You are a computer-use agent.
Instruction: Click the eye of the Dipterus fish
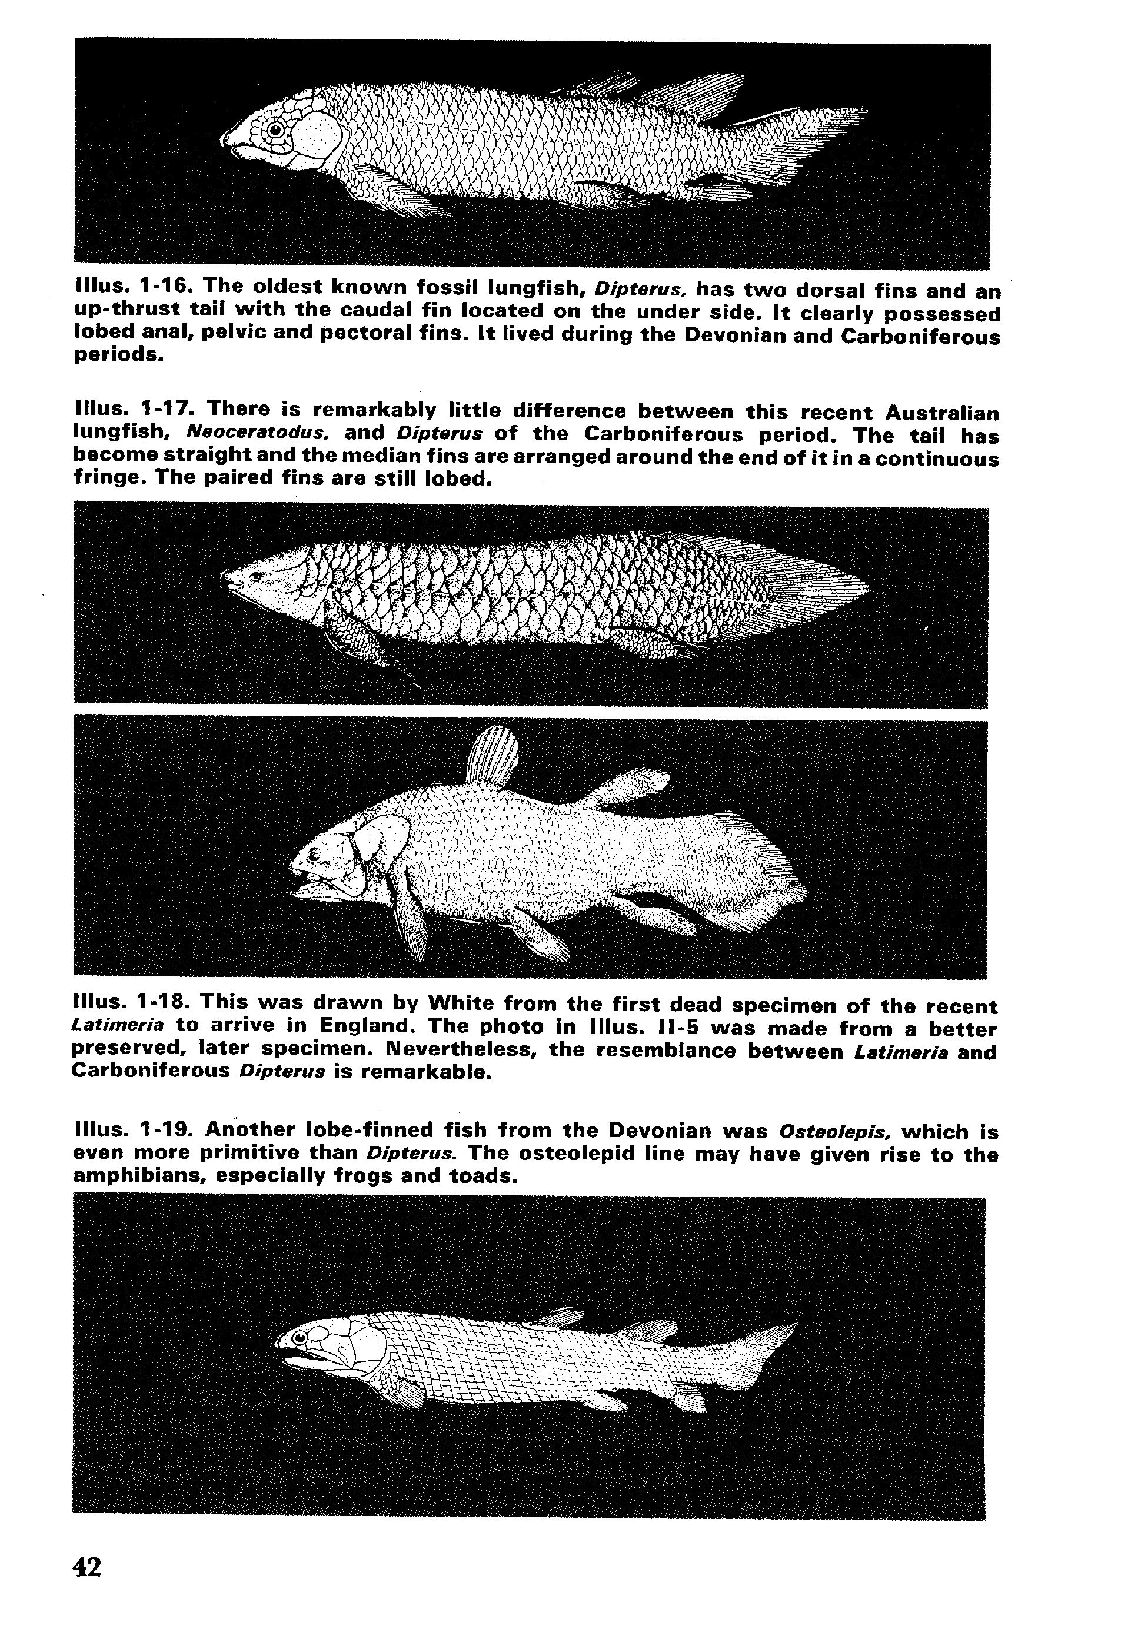(275, 129)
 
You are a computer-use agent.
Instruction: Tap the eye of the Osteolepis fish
(301, 1337)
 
